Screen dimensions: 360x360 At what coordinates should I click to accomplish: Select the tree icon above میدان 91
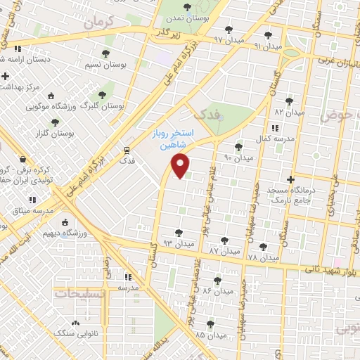(267, 35)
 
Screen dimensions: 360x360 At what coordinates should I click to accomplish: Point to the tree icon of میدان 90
(238, 147)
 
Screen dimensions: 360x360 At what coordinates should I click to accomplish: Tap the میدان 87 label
(224, 251)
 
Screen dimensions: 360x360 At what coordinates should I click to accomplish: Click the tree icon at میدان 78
(263, 247)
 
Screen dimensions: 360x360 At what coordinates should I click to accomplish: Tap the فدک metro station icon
(127, 150)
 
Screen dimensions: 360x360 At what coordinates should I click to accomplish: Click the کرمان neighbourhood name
(97, 23)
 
